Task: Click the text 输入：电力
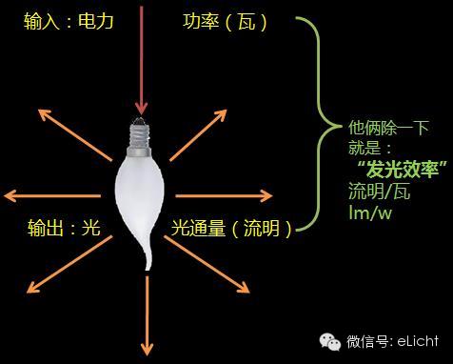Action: (70, 20)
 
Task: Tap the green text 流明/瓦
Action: (379, 192)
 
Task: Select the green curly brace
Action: (318, 124)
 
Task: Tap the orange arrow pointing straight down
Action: (147, 319)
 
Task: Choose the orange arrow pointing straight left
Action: (48, 197)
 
